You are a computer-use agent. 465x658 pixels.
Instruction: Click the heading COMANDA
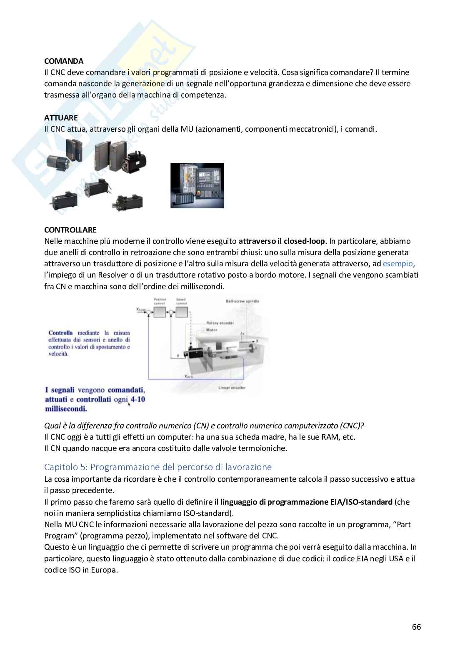coord(63,61)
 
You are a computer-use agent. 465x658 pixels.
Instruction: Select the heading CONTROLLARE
coord(70,230)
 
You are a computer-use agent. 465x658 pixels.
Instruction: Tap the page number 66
coord(416,627)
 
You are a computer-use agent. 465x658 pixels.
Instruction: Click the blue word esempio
coord(397,263)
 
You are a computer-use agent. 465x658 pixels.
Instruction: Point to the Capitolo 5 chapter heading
coord(158,467)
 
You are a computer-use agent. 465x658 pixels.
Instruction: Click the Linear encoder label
coord(232,388)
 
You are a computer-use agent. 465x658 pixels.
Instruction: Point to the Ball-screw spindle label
coord(242,301)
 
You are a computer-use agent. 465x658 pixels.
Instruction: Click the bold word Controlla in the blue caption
coord(60,333)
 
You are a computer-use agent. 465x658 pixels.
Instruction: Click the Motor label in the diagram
coord(212,330)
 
